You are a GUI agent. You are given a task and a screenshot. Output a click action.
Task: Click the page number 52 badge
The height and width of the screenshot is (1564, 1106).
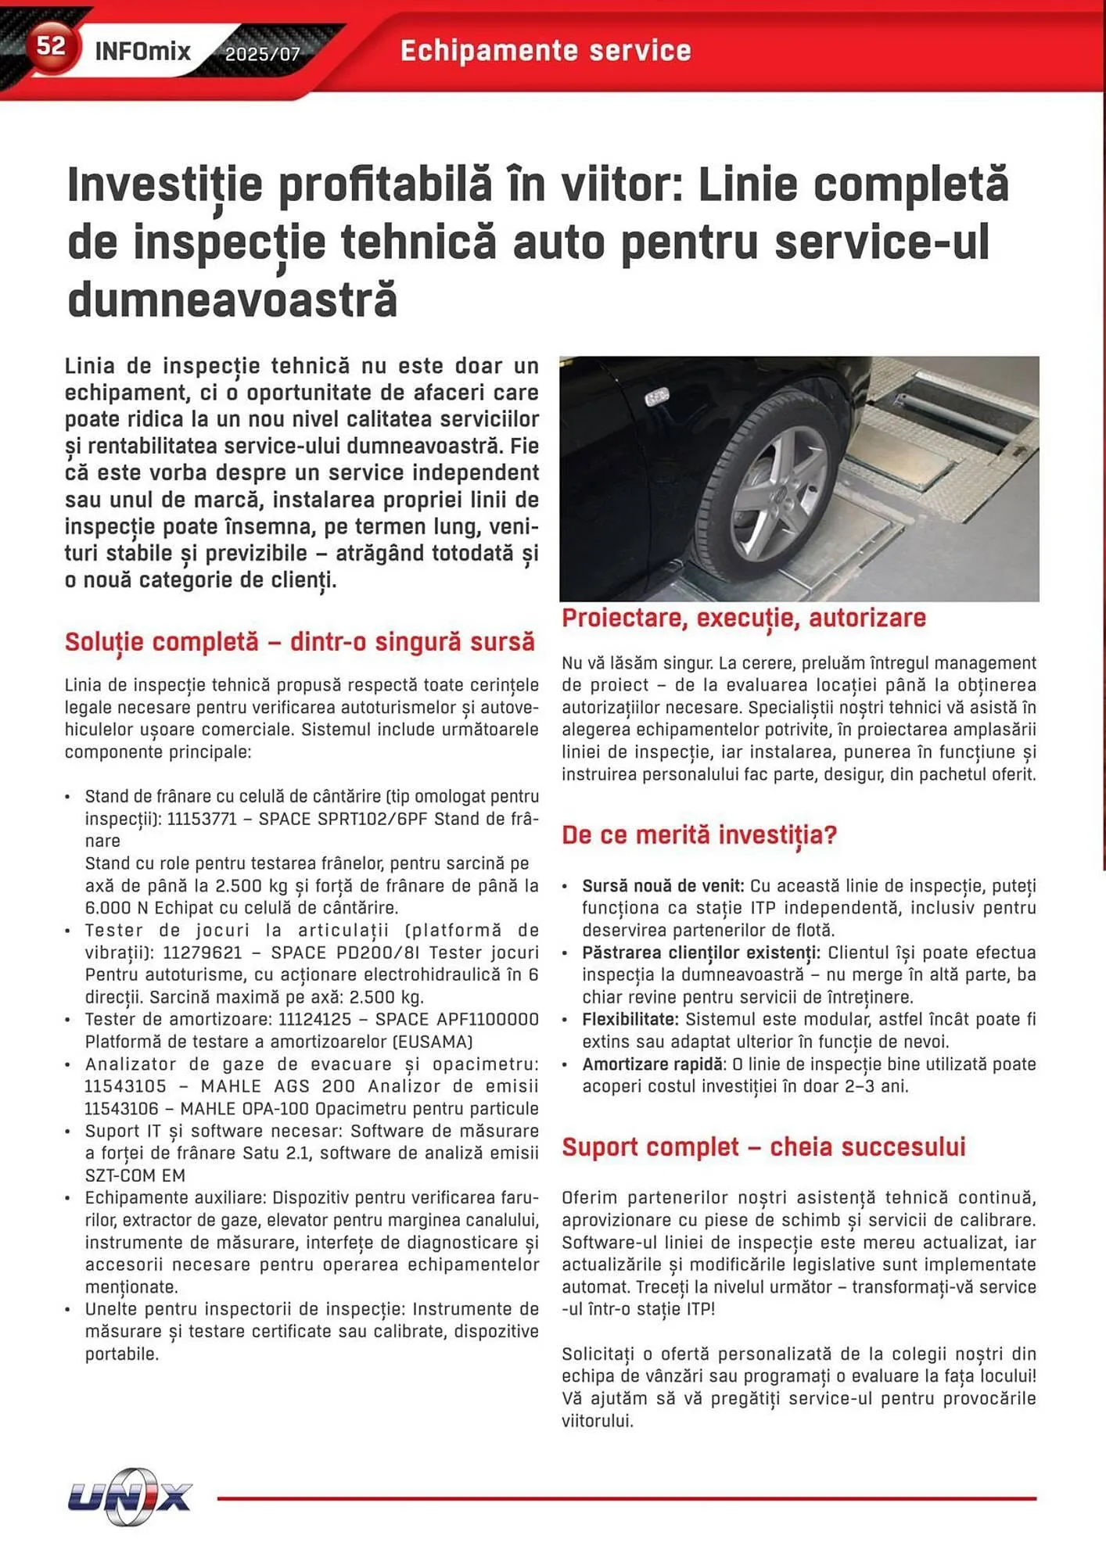pyautogui.click(x=52, y=46)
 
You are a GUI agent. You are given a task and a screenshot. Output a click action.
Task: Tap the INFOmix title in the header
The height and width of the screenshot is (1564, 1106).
pyautogui.click(x=142, y=52)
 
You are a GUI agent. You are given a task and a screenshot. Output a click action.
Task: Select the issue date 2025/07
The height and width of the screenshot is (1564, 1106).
pyautogui.click(x=263, y=54)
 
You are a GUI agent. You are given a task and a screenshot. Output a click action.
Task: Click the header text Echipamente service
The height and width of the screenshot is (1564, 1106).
pyautogui.click(x=546, y=51)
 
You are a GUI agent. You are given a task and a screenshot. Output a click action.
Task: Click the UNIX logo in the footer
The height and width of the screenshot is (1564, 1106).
pyautogui.click(x=130, y=1497)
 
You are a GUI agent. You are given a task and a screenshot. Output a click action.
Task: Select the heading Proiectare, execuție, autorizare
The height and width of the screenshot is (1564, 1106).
pyautogui.click(x=743, y=618)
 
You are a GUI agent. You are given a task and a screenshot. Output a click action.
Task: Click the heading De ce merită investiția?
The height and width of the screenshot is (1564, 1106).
pyautogui.click(x=698, y=834)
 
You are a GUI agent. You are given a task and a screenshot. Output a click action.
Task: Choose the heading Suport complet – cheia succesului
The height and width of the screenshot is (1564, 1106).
pyautogui.click(x=763, y=1146)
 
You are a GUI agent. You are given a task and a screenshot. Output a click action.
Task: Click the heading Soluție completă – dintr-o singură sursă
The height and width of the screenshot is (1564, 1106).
pyautogui.click(x=300, y=641)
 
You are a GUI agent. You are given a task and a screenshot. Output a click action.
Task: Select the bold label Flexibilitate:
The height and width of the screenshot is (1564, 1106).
pyautogui.click(x=630, y=1019)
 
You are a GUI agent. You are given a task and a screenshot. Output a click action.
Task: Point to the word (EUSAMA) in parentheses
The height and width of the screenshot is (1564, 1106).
pyautogui.click(x=433, y=1042)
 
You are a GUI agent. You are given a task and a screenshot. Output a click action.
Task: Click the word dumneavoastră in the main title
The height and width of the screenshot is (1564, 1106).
pyautogui.click(x=232, y=300)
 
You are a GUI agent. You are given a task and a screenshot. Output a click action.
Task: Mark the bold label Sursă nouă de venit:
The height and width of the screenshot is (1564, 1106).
pyautogui.click(x=663, y=886)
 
